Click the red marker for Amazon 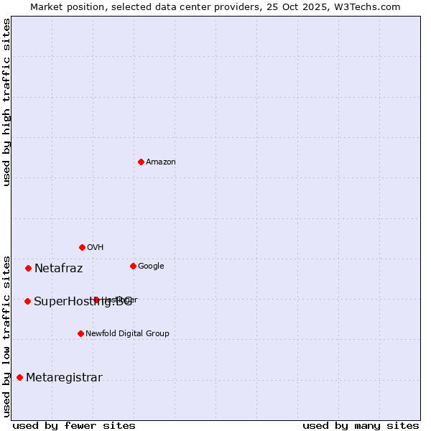(141, 162)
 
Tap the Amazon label (161, 162)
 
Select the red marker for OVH (82, 247)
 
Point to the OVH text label (96, 248)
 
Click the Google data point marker (133, 266)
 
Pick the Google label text (151, 267)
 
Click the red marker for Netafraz (28, 268)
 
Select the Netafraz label (59, 269)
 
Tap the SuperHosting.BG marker (27, 301)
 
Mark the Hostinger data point (96, 300)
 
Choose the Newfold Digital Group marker (80, 333)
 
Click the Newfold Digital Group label (128, 334)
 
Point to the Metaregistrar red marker (19, 377)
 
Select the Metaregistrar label (65, 378)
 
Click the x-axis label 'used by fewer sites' (74, 425)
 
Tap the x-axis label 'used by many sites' (361, 425)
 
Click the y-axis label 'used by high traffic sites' (6, 102)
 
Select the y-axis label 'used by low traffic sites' (6, 335)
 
